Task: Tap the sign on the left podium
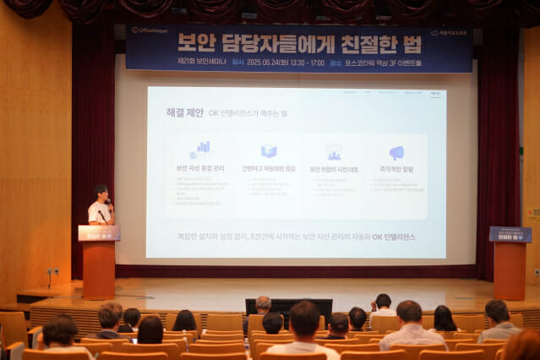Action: pyautogui.click(x=99, y=233)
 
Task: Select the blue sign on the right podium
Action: pyautogui.click(x=510, y=234)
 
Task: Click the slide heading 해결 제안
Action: pyautogui.click(x=184, y=112)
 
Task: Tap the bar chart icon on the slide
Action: pyautogui.click(x=200, y=150)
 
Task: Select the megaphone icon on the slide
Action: pyautogui.click(x=395, y=152)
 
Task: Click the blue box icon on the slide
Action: pyautogui.click(x=269, y=151)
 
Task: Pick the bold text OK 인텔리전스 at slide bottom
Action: pyautogui.click(x=394, y=237)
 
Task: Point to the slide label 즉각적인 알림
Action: pyautogui.click(x=396, y=169)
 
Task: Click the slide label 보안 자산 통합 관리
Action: pyautogui.click(x=200, y=169)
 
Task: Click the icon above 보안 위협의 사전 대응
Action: pyautogui.click(x=334, y=152)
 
